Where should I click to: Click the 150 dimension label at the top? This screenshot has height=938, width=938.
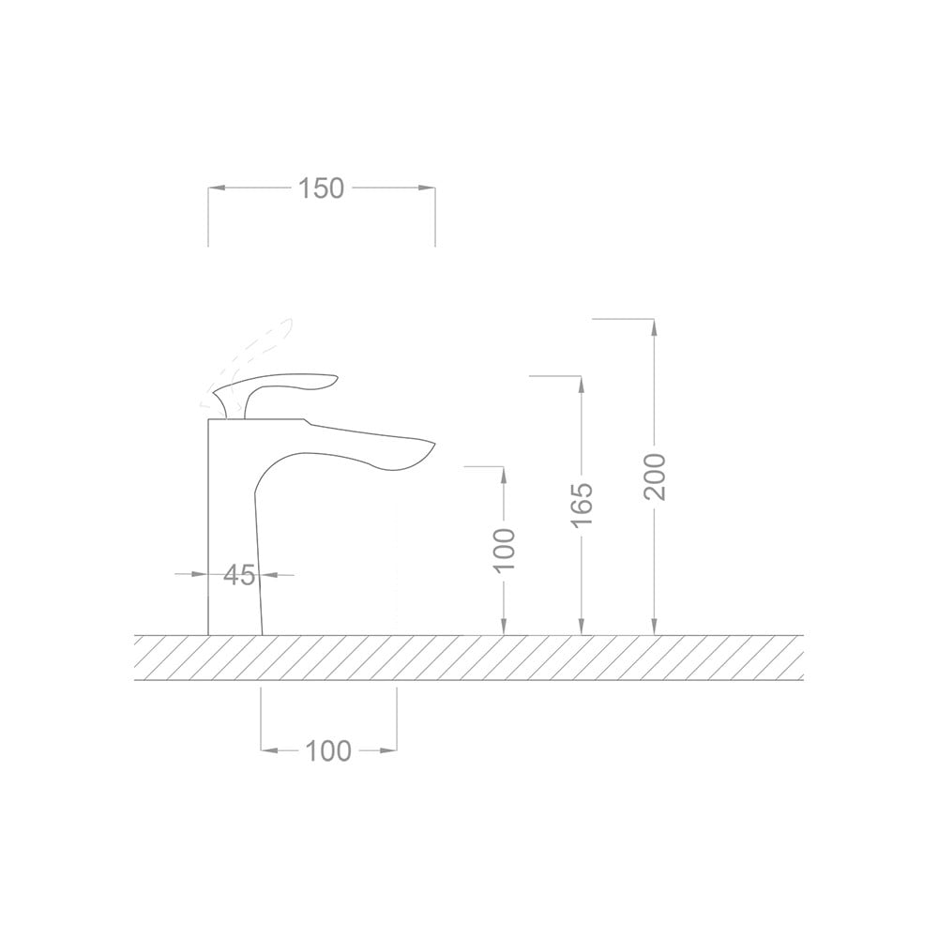point(322,189)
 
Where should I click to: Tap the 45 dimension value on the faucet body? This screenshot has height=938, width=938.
point(239,575)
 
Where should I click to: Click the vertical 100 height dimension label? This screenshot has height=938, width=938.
point(505,550)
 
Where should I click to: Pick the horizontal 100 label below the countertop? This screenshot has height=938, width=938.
point(328,750)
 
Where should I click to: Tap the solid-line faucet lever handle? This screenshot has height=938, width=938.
point(281,383)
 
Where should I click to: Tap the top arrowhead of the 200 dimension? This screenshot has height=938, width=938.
point(655,326)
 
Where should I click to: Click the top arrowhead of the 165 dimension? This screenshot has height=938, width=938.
point(582,384)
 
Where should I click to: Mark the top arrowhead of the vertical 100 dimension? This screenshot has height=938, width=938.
point(505,474)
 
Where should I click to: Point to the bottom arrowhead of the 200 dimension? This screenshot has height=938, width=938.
point(655,628)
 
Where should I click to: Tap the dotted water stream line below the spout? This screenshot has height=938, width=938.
point(397,563)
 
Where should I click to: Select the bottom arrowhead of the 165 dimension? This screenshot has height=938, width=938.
point(582,628)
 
